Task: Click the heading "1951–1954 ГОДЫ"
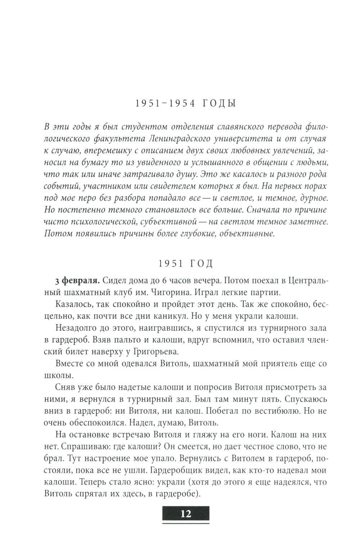pos(185,104)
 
